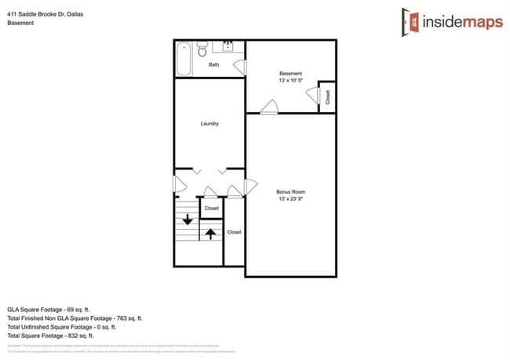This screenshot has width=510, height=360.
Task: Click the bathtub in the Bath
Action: pos(184,59)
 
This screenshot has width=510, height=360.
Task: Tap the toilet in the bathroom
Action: pos(201,51)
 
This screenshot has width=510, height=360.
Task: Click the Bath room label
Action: pos(213,65)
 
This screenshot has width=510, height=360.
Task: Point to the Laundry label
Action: pos(209,123)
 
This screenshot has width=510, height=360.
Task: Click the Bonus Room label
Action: pos(290,192)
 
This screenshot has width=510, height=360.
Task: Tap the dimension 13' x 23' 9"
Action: pos(290,199)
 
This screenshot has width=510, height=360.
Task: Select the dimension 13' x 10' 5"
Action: pos(290,81)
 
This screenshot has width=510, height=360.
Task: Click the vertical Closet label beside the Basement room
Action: pos(327,96)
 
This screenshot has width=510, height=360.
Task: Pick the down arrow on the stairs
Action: pos(188,220)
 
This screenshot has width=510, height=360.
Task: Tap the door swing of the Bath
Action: pos(241,67)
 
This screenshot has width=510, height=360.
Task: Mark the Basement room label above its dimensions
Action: pos(290,74)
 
